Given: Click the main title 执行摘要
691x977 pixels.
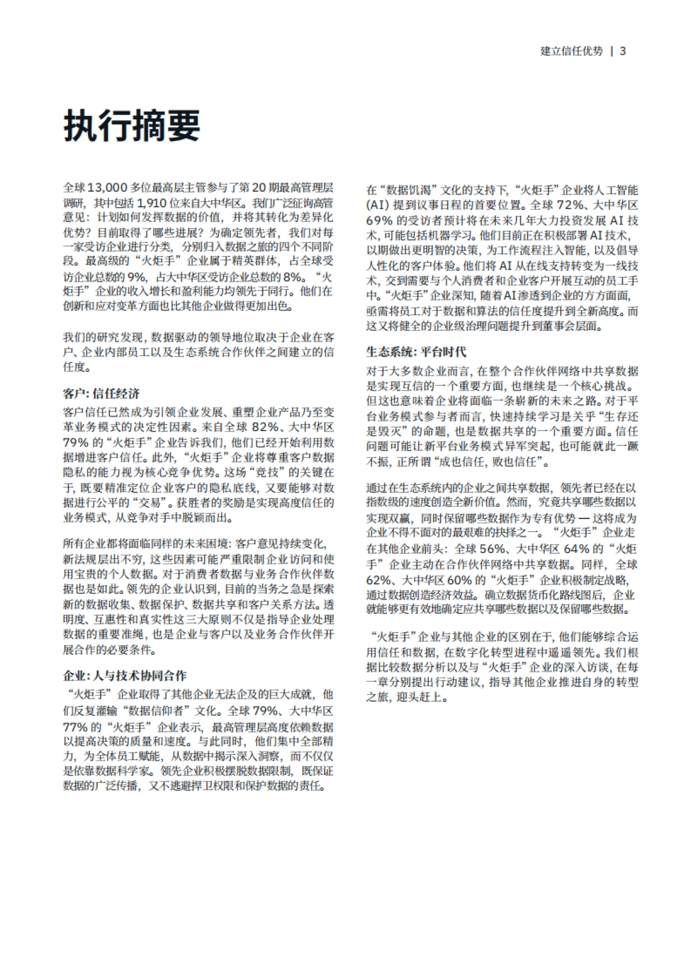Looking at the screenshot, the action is [x=132, y=125].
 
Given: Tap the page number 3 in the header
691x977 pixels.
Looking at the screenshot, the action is [x=622, y=51].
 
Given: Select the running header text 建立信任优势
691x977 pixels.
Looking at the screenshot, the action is [x=571, y=51].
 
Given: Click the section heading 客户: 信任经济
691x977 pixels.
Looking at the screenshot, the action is [x=101, y=394].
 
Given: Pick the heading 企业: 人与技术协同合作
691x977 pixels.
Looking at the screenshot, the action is [x=124, y=676].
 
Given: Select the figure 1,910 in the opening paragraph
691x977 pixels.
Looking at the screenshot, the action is [x=152, y=203].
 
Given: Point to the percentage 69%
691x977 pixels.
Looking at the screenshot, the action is [x=379, y=221].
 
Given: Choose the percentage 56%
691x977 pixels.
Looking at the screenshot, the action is [x=493, y=548].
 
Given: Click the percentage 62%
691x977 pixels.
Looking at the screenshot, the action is [x=379, y=579].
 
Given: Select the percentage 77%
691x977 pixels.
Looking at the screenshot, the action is [x=76, y=726].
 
